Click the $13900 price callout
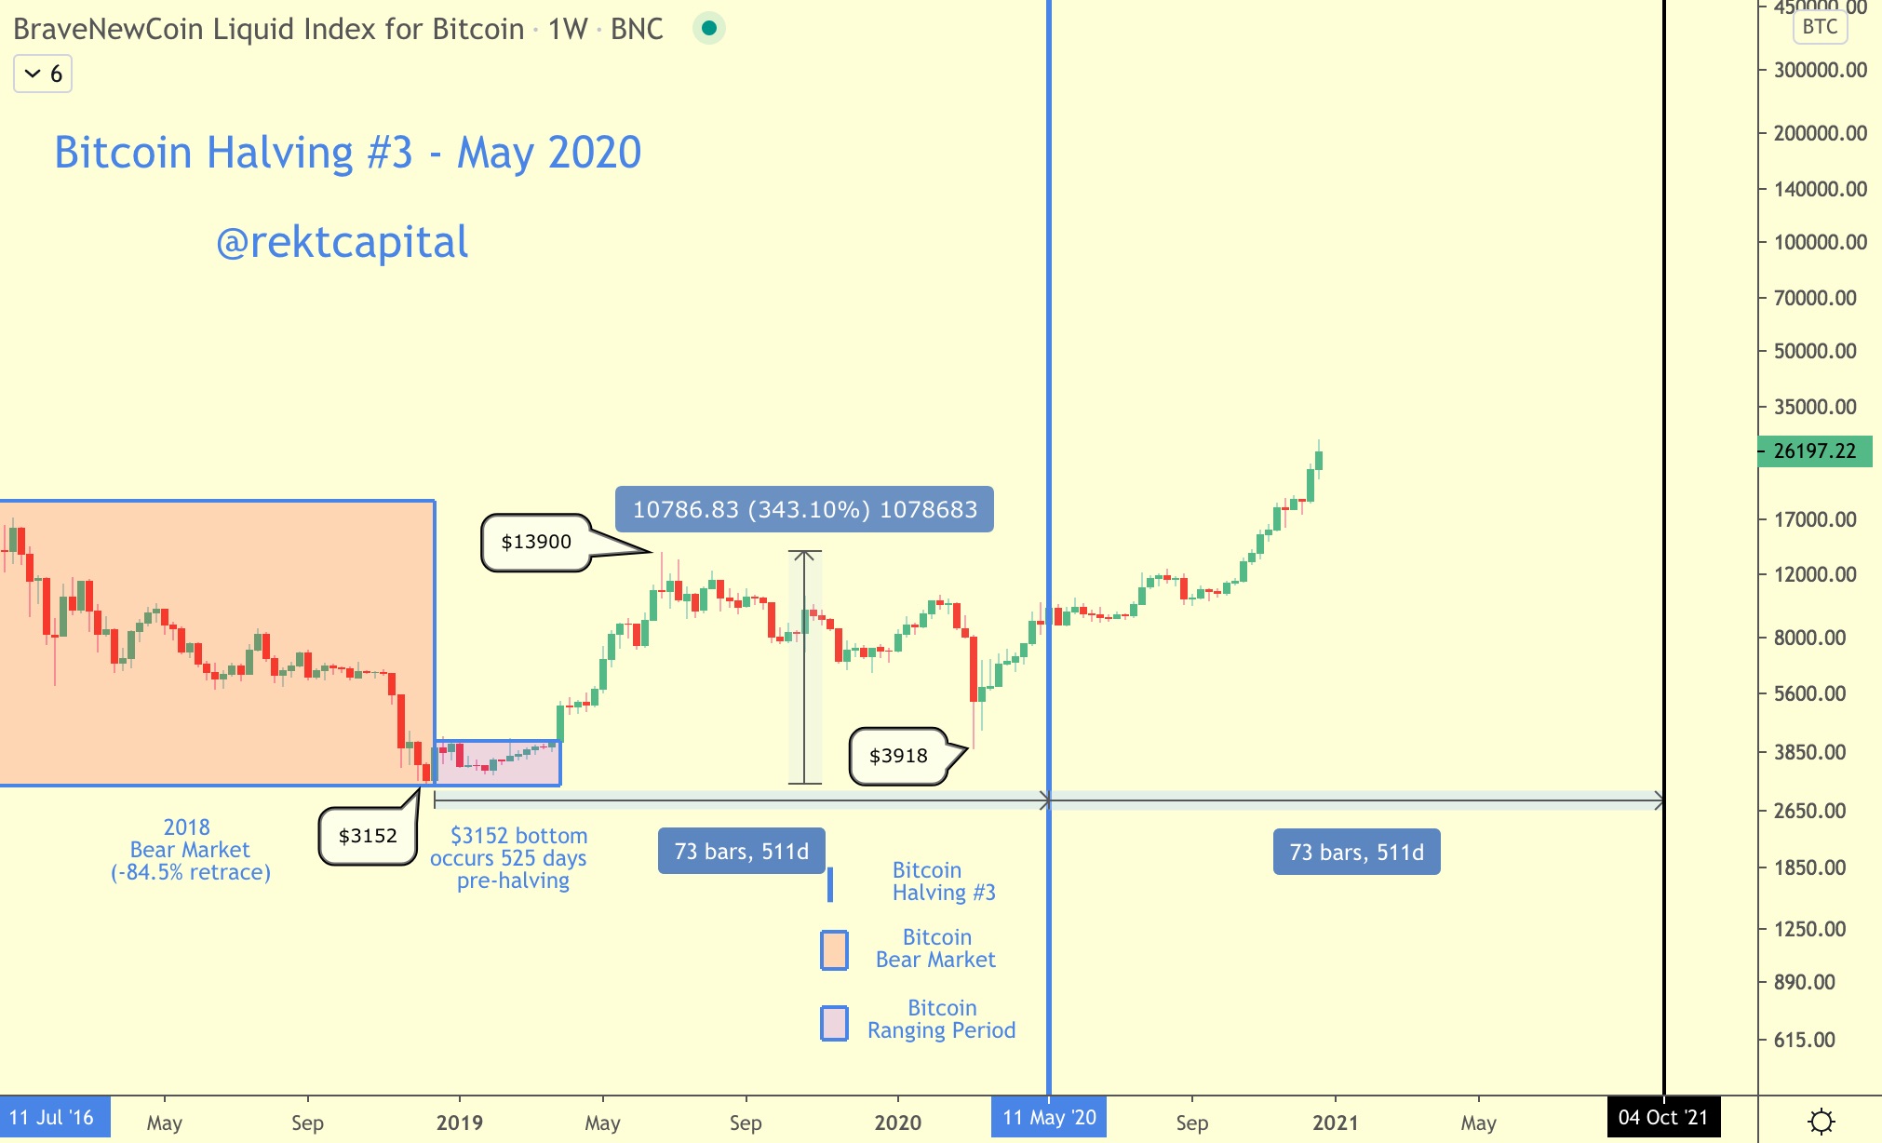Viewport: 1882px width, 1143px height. point(536,542)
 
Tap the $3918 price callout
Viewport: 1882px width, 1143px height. point(898,756)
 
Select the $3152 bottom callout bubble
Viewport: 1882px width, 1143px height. point(368,836)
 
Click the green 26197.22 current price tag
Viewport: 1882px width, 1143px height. point(1814,451)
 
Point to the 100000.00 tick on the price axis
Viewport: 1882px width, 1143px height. point(1820,242)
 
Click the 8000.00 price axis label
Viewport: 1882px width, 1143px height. point(1809,638)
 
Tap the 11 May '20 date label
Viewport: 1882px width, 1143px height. point(1049,1117)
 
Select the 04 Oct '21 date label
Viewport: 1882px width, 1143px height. point(1663,1117)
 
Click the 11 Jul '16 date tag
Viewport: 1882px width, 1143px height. point(52,1117)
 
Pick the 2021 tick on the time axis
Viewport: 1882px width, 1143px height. point(1335,1122)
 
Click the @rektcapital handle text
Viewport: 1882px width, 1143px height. point(343,242)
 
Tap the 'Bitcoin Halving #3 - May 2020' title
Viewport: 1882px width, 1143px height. point(348,153)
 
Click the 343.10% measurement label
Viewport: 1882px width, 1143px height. point(804,510)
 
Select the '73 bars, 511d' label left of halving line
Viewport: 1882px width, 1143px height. point(741,852)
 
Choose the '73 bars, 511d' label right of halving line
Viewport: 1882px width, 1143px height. point(1356,852)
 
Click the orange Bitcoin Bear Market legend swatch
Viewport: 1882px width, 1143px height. point(834,950)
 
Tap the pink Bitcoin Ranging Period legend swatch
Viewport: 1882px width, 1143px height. point(834,1023)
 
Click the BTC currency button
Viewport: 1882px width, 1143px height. point(1820,26)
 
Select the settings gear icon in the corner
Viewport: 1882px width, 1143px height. point(1821,1121)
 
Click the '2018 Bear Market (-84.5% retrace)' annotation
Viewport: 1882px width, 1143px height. point(191,850)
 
